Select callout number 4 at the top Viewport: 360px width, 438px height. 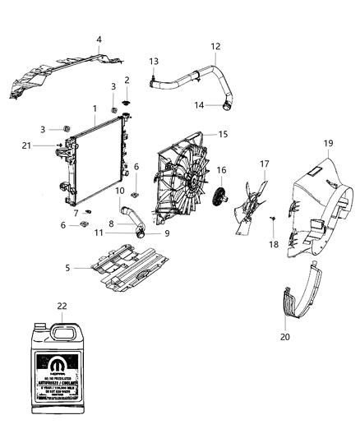coord(99,39)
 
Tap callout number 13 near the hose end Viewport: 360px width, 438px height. coord(154,62)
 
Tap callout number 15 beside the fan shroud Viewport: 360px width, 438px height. coord(222,133)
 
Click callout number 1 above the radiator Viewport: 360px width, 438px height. coord(95,108)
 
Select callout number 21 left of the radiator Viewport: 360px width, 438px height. coord(50,145)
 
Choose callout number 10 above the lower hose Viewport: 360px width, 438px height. coord(119,192)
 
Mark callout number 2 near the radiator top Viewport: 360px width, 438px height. coord(127,80)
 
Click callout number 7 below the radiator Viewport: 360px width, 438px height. coord(76,214)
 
